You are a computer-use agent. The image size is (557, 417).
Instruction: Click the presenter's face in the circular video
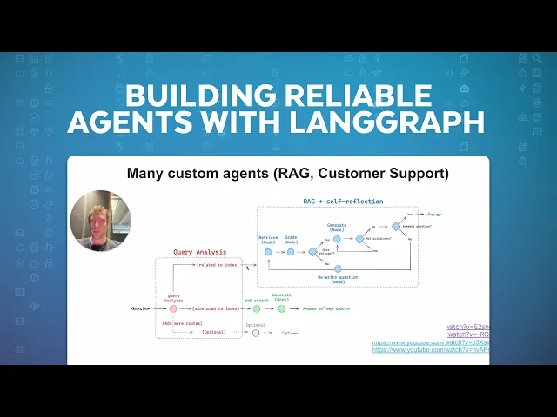99,218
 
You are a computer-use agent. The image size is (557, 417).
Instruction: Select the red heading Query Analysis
200,252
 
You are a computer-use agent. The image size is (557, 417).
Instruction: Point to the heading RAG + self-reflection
331,201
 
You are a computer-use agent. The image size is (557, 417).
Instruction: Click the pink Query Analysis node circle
173,308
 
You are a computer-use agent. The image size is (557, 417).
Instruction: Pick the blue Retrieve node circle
268,252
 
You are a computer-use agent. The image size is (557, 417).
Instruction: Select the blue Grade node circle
291,252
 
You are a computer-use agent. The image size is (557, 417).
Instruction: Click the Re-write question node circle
338,268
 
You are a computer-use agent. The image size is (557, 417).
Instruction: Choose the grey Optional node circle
255,333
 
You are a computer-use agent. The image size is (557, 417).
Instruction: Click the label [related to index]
218,265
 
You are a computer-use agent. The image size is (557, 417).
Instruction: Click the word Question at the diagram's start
141,308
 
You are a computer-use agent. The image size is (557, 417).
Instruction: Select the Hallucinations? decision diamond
358,238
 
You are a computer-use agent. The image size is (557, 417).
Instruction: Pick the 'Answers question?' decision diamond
395,226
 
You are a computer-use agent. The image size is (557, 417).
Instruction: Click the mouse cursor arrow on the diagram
248,268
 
